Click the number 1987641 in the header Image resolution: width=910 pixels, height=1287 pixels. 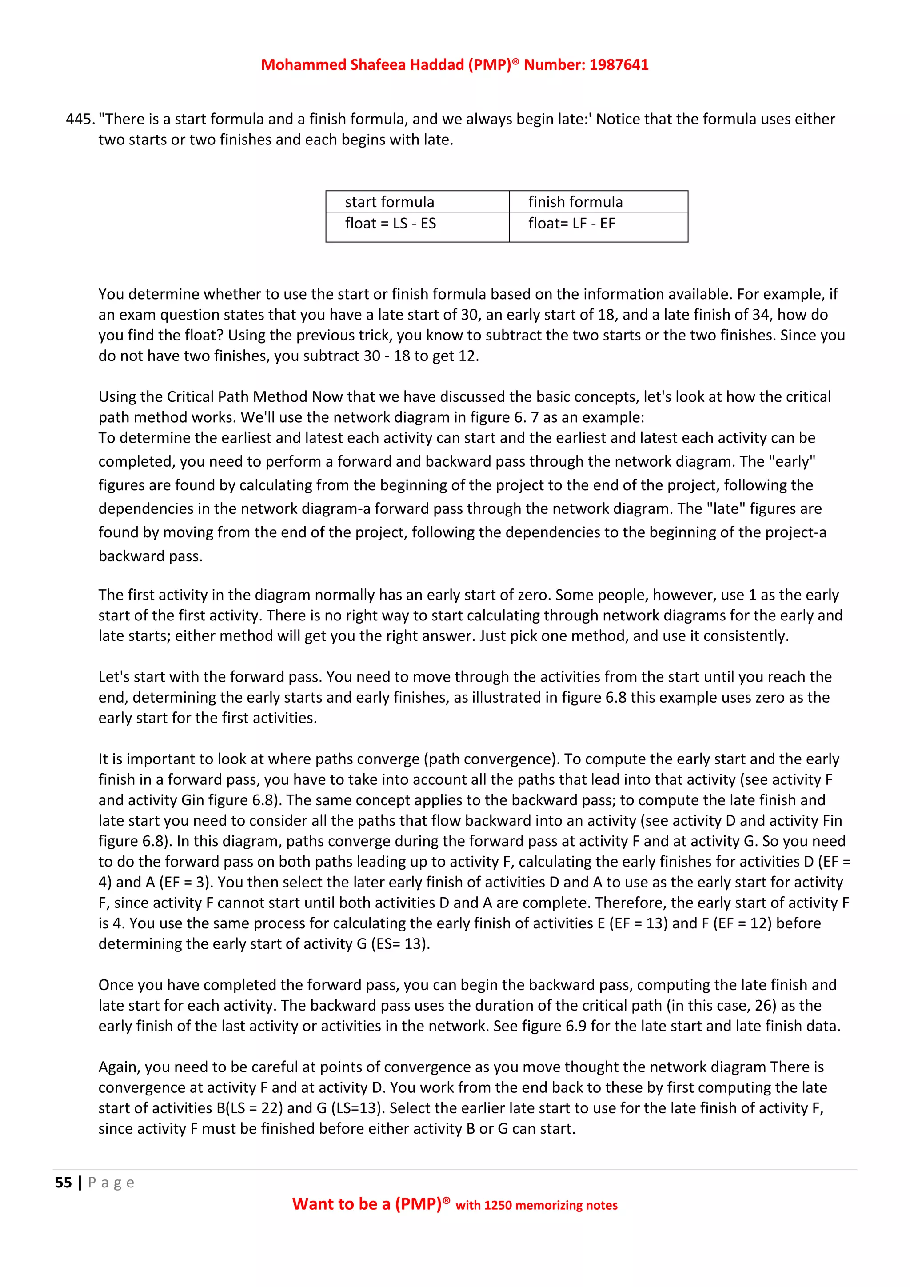[619, 65]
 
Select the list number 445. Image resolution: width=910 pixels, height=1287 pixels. [80, 120]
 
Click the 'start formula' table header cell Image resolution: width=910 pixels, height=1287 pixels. [389, 202]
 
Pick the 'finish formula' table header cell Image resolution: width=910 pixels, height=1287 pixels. [575, 202]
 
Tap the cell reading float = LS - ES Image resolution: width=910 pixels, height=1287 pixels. [390, 224]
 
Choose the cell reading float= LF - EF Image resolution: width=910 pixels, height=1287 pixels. [571, 224]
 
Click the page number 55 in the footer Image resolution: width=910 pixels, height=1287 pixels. [64, 1182]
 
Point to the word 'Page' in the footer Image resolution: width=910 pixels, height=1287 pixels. [111, 1182]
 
